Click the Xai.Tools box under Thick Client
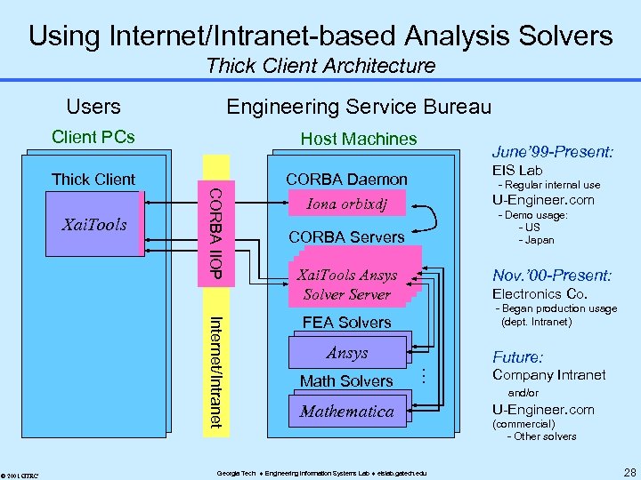pyautogui.click(x=94, y=225)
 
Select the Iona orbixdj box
pyautogui.click(x=346, y=204)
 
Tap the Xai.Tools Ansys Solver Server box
pyautogui.click(x=346, y=284)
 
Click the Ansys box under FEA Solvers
pyautogui.click(x=346, y=353)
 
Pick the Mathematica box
pyautogui.click(x=346, y=412)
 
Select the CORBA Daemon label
pyautogui.click(x=346, y=179)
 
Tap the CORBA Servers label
pyautogui.click(x=346, y=237)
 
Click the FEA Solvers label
pyautogui.click(x=346, y=323)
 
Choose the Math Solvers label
pyautogui.click(x=346, y=381)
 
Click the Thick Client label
pyautogui.click(x=93, y=179)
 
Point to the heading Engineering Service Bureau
pyautogui.click(x=358, y=107)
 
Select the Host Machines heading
pyautogui.click(x=358, y=139)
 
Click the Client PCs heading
pyautogui.click(x=93, y=137)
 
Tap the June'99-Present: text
pyautogui.click(x=552, y=152)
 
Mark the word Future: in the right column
pyautogui.click(x=517, y=357)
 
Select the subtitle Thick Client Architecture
pyautogui.click(x=320, y=66)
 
